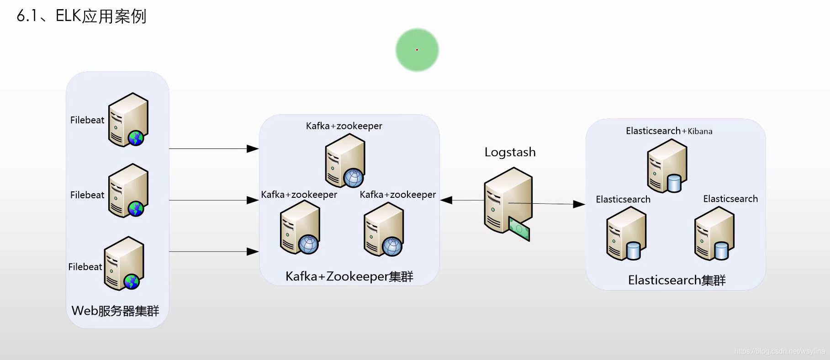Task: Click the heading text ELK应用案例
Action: [100, 16]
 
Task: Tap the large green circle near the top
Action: [417, 50]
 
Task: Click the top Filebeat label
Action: [87, 120]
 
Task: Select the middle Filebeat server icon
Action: [128, 191]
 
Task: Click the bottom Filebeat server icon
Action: [124, 263]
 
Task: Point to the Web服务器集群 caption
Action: [115, 311]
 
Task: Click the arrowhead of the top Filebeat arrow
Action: [253, 148]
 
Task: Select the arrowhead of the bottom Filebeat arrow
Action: [253, 252]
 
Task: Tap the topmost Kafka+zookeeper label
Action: [344, 126]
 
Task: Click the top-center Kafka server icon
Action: [345, 160]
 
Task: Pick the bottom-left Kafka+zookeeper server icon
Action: [300, 227]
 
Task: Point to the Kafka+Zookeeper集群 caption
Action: [349, 276]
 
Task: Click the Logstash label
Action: [510, 152]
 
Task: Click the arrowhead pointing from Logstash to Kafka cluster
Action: [446, 200]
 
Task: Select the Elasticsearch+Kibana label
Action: [669, 131]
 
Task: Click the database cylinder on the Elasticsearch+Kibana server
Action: [674, 184]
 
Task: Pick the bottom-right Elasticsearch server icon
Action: [714, 233]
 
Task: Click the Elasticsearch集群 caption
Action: [677, 280]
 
